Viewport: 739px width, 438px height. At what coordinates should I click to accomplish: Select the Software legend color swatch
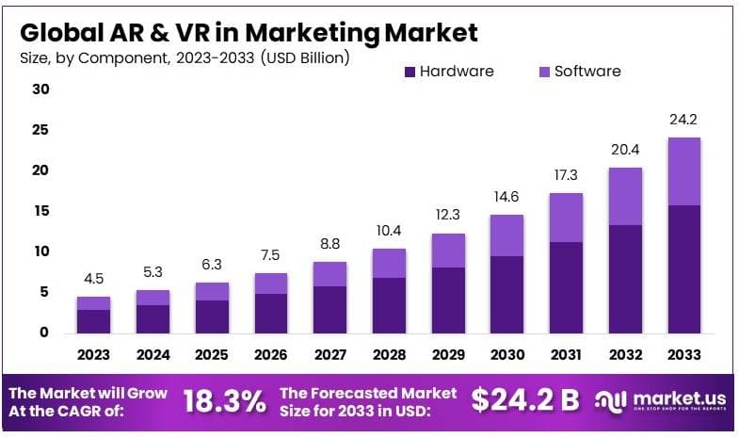pyautogui.click(x=542, y=72)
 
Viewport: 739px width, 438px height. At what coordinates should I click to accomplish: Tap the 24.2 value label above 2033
pyautogui.click(x=683, y=120)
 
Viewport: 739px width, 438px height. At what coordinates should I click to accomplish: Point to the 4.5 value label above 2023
pyautogui.click(x=94, y=278)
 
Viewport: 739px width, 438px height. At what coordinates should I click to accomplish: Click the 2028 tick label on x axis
pyautogui.click(x=389, y=355)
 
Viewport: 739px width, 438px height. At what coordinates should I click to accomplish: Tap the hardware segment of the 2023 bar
pyautogui.click(x=94, y=320)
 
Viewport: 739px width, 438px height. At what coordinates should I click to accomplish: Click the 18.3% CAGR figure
pyautogui.click(x=224, y=400)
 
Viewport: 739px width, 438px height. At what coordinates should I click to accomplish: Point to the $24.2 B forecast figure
pyautogui.click(x=525, y=400)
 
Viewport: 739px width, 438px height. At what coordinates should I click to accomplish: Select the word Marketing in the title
pyautogui.click(x=315, y=33)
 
